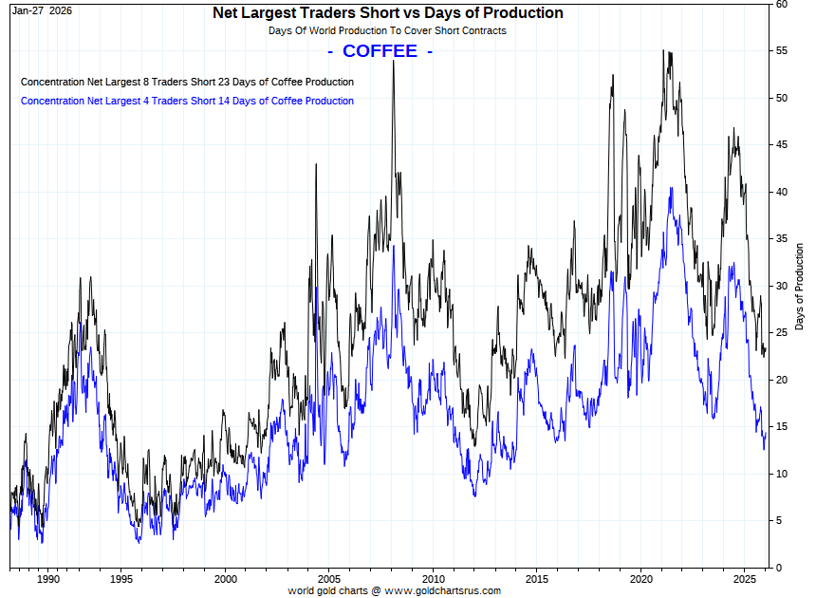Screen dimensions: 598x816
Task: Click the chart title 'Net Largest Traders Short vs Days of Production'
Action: point(387,13)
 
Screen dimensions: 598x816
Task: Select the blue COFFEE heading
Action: point(380,51)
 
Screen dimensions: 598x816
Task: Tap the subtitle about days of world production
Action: point(387,30)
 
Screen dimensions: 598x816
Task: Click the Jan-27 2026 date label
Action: point(42,9)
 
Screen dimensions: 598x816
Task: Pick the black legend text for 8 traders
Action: point(187,82)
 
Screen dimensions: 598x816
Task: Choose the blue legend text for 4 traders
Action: point(187,101)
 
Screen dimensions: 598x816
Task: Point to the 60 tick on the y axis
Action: point(783,4)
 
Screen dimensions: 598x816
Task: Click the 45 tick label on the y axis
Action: point(783,144)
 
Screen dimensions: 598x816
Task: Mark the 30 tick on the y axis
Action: point(783,286)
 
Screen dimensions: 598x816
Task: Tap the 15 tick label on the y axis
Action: point(783,426)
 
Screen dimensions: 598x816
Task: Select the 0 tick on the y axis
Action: point(780,568)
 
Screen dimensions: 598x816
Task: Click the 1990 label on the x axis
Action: point(49,578)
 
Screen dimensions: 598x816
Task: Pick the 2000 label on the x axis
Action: point(225,578)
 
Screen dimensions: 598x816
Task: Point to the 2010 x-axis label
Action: point(433,578)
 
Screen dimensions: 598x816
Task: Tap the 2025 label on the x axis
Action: point(745,578)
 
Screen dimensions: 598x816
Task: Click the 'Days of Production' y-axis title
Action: point(800,286)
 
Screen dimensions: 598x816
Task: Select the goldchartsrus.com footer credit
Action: point(394,590)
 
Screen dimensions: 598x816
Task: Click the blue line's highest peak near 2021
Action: point(672,188)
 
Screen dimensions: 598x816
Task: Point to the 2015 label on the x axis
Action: point(537,578)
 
